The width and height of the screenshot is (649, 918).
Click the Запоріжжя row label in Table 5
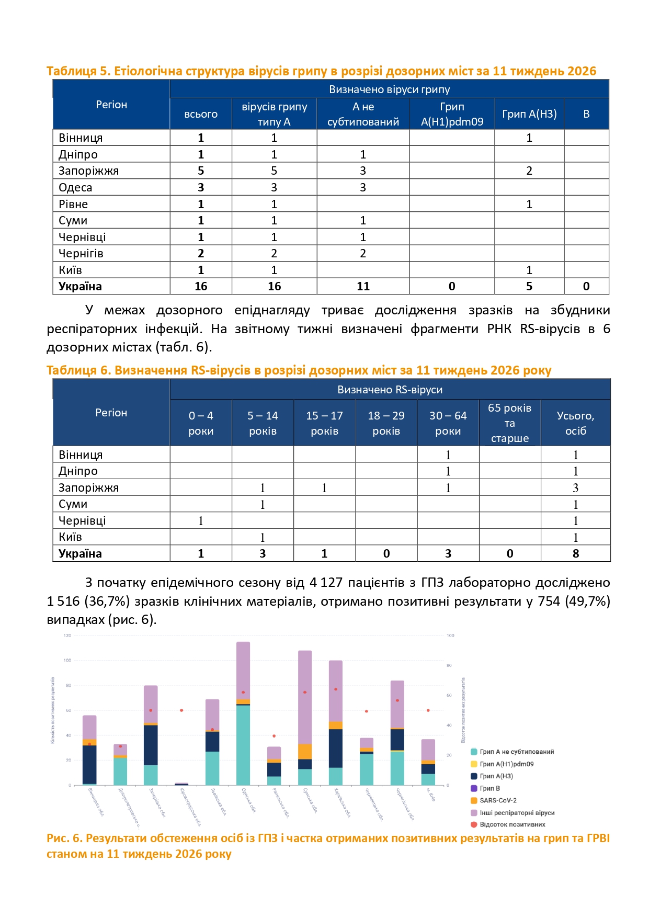(x=88, y=171)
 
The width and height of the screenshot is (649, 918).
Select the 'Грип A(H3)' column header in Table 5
(x=529, y=114)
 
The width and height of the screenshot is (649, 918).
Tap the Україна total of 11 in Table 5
(x=363, y=287)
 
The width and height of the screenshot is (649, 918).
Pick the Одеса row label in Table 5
(x=75, y=188)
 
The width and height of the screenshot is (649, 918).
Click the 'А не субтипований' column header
(x=363, y=114)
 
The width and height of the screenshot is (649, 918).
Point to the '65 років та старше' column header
(x=509, y=423)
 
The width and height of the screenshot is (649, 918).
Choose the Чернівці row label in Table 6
(x=82, y=521)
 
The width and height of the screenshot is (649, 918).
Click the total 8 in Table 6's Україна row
(x=575, y=554)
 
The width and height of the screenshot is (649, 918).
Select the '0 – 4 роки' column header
(x=201, y=423)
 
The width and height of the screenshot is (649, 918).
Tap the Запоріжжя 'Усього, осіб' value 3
(x=575, y=488)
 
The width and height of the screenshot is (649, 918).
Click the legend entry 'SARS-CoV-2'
(x=498, y=800)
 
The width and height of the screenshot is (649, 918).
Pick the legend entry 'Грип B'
(x=489, y=788)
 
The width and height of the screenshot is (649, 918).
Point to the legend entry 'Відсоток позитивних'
(x=512, y=824)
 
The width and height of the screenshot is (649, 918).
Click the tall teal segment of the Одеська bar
(x=243, y=745)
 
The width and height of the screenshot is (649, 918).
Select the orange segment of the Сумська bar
(x=305, y=752)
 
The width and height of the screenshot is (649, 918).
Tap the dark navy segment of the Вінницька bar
(x=89, y=764)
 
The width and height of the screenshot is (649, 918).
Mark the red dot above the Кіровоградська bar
(x=181, y=710)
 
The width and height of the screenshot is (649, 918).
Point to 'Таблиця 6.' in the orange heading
(x=78, y=370)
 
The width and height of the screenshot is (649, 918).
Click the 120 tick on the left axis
(x=67, y=636)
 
